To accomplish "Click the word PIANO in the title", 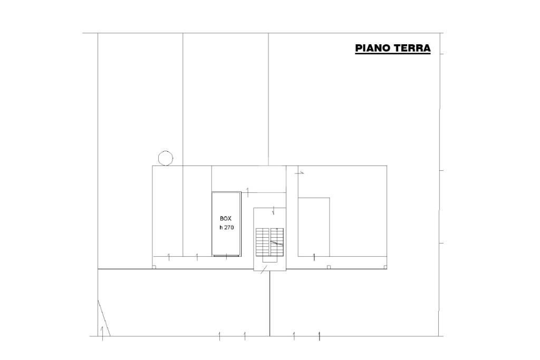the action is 373,48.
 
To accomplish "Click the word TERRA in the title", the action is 412,48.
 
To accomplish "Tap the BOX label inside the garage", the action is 226,219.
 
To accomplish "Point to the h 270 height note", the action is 227,227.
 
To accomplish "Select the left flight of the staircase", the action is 262,241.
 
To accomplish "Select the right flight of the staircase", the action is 277,241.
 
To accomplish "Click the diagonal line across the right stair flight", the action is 276,243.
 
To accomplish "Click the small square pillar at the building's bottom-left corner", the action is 154,267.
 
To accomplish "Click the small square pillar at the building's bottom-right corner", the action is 384,267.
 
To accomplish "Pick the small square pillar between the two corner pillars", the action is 329,267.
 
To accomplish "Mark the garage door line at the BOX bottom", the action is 226,256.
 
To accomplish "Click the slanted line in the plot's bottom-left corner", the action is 104,318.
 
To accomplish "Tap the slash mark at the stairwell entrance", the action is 264,269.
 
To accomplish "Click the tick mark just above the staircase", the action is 273,211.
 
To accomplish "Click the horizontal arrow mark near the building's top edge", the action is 300,173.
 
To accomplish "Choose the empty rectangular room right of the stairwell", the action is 314,227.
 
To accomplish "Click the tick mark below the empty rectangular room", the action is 314,257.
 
